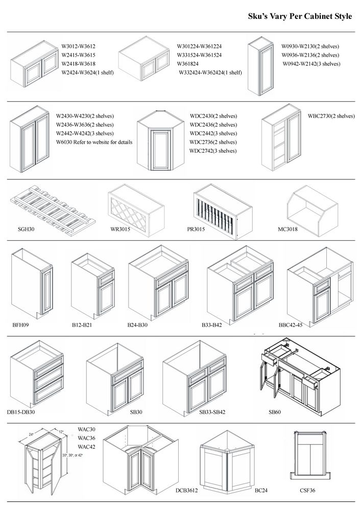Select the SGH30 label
point(25,230)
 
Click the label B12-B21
point(81,324)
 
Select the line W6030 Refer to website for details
point(94,142)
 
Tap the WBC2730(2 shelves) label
point(331,116)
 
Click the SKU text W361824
point(190,63)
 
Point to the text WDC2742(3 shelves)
point(213,151)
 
